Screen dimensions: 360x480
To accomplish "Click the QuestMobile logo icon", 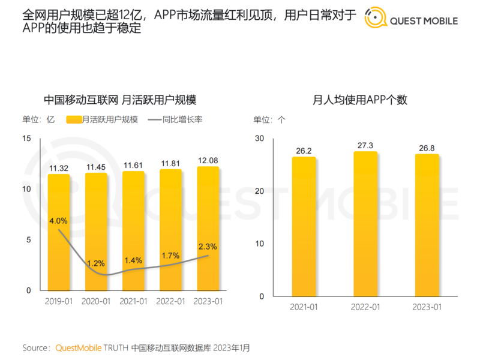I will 376,19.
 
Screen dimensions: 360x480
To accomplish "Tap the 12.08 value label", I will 208,160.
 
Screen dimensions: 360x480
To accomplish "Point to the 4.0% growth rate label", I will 58,220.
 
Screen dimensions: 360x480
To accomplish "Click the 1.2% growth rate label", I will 95,263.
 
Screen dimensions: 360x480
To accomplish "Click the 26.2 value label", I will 304,151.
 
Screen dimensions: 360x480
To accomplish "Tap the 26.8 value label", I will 427,148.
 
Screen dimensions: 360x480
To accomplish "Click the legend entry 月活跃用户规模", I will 110,119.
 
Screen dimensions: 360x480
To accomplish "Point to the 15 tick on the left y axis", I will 26,139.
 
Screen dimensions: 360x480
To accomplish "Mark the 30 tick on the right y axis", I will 259,139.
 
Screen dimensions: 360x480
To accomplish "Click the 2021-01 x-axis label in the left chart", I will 133,301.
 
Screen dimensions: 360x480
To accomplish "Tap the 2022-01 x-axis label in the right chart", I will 365,307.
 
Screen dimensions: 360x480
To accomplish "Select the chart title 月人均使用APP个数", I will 360,100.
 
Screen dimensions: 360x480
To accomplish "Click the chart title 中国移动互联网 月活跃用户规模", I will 120,100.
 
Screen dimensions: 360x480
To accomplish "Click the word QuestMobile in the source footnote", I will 79,347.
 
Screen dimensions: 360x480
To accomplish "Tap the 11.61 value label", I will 133,164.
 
